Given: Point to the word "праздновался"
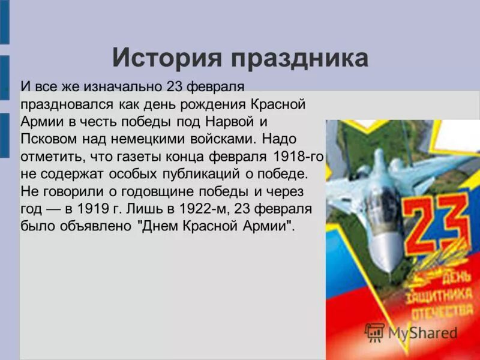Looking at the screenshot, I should pos(61,104).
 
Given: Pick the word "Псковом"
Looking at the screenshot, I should pos(46,139).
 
